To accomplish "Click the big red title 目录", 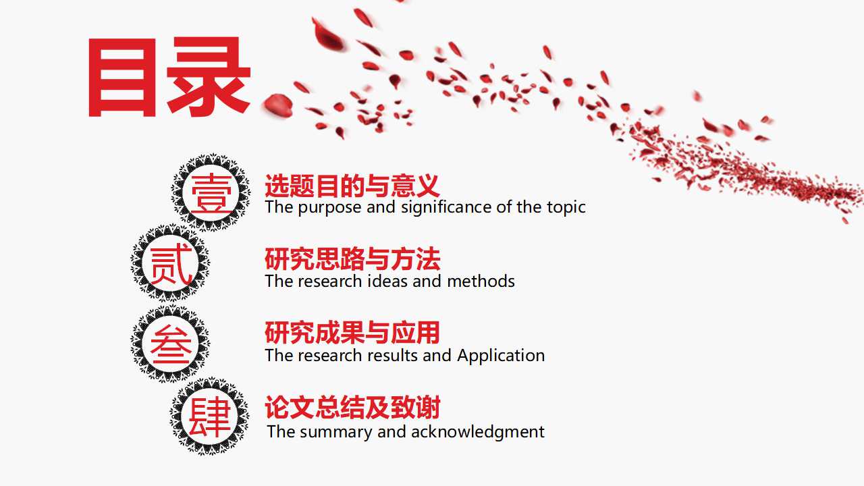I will coord(169,78).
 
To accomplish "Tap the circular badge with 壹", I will coord(211,192).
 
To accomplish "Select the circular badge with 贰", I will coord(170,263).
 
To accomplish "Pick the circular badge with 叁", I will coord(170,344).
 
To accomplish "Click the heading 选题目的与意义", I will coord(352,186).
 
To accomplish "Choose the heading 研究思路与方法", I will coord(352,259).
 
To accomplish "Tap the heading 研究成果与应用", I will coord(352,333).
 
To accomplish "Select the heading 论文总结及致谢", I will coord(352,408).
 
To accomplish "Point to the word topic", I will coord(564,207).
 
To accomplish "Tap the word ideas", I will coord(387,281).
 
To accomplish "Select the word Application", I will coord(501,356).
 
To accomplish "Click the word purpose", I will coord(330,208).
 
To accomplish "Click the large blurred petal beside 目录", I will coord(277,105).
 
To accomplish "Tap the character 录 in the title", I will coord(209,78).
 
